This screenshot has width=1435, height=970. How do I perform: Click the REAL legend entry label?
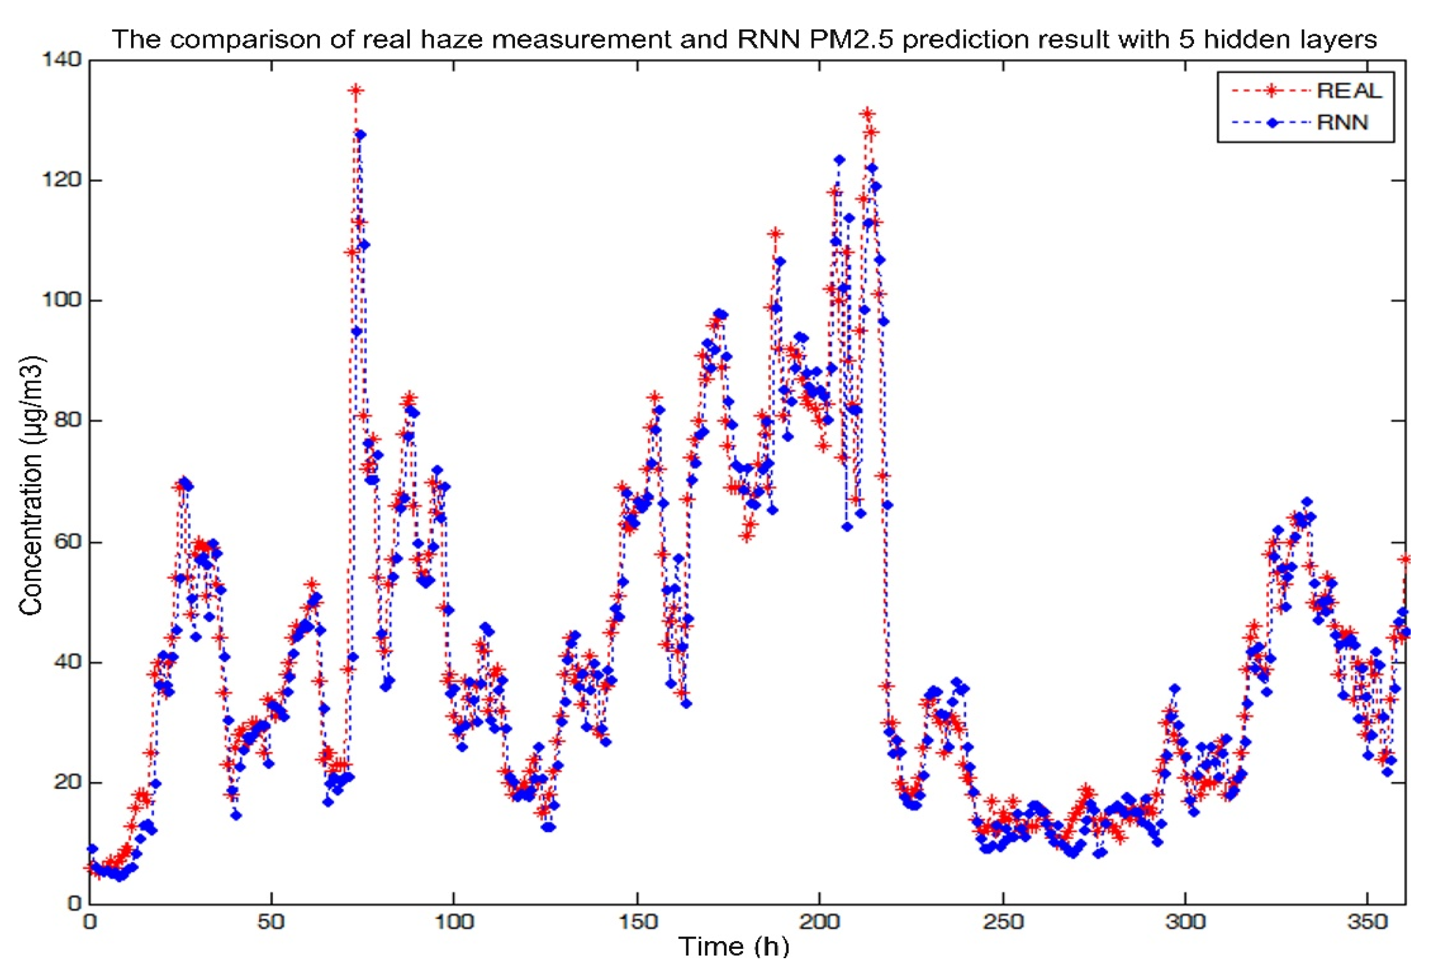1349,91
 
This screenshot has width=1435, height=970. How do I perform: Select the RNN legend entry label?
1343,122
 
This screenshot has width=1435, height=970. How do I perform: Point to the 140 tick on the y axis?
61,59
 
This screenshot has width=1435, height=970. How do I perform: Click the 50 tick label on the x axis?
271,922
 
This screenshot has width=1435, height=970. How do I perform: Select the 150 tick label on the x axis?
637,922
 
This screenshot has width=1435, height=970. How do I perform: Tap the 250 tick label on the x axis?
1003,922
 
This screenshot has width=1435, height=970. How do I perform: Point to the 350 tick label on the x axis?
1368,922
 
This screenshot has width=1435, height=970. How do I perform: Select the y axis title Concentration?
31,485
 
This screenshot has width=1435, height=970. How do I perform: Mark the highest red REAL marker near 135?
356,91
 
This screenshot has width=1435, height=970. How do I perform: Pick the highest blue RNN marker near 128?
361,134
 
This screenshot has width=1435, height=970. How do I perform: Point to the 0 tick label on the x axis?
90,922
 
